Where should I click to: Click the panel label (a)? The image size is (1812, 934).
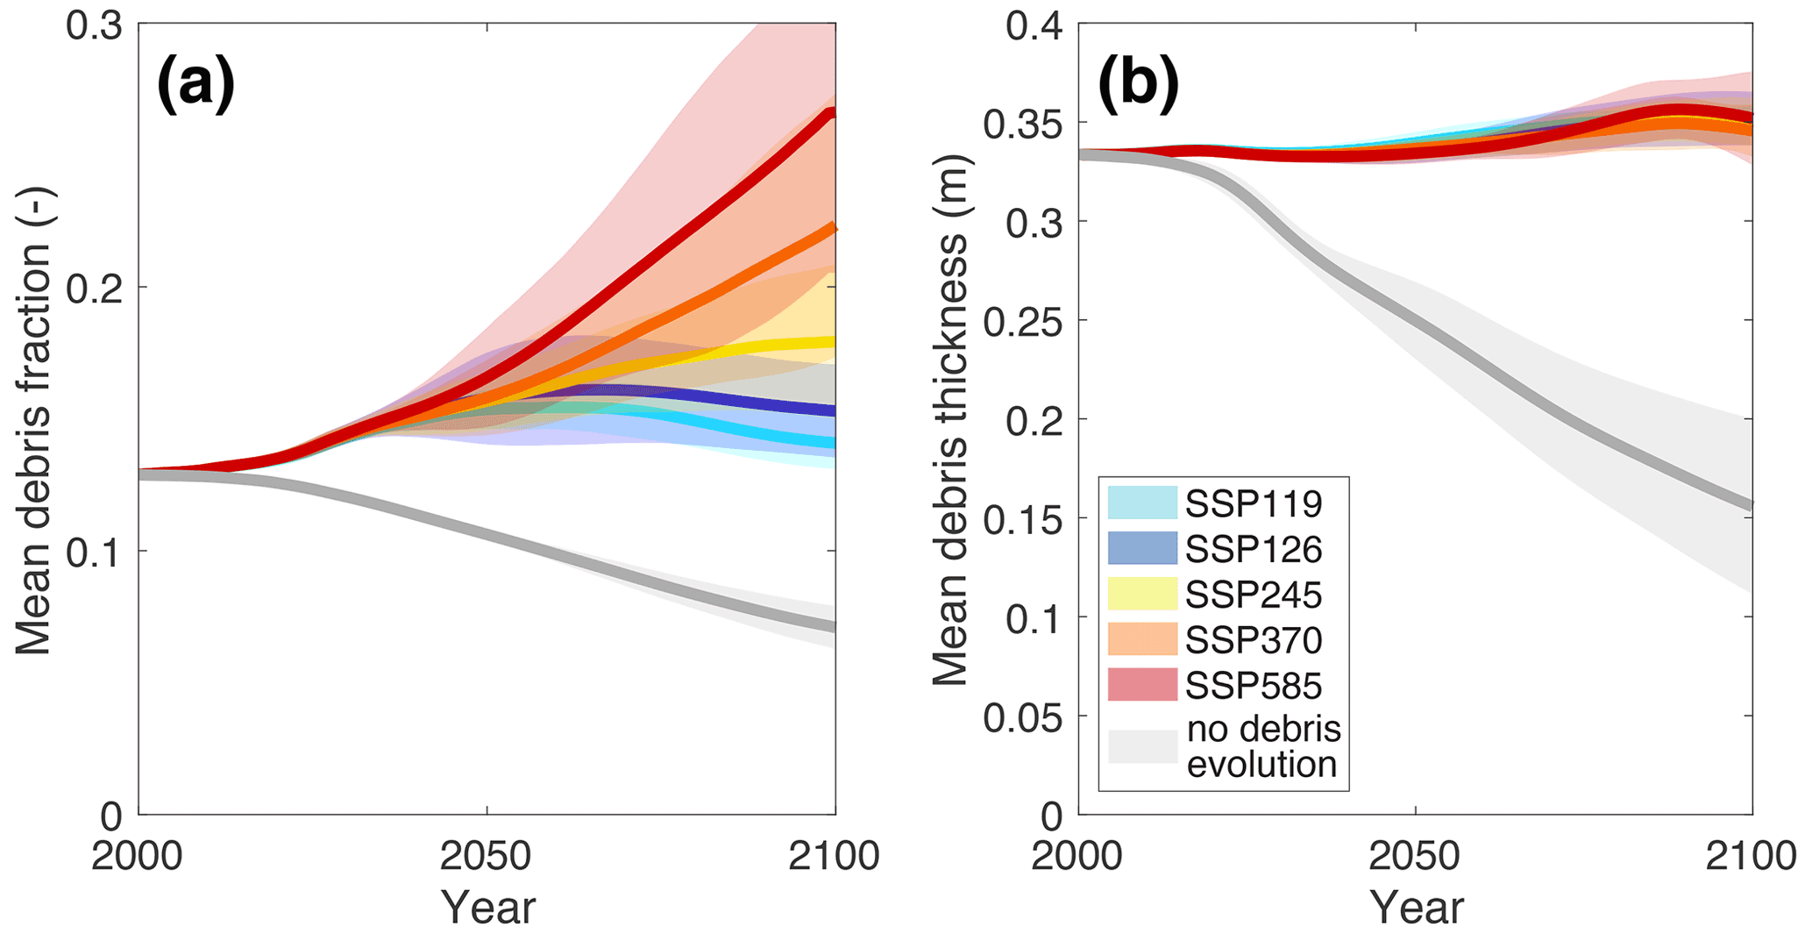point(195,85)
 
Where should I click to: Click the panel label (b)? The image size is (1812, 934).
point(1138,85)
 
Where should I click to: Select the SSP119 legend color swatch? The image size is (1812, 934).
point(1142,503)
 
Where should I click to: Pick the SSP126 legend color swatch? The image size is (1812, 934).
point(1142,548)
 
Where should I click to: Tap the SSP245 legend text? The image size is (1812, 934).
point(1254,595)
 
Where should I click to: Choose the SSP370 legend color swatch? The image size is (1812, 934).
point(1142,639)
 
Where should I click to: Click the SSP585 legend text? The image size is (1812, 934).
point(1254,686)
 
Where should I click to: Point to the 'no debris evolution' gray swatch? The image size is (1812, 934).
point(1142,746)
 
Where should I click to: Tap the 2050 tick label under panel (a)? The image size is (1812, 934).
point(487,856)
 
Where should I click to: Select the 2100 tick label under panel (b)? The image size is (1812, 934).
point(1751,856)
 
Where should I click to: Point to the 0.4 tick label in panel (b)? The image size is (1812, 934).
point(1034,26)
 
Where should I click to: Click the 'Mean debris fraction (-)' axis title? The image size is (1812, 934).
point(35,421)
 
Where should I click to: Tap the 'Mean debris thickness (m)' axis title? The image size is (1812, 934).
point(950,421)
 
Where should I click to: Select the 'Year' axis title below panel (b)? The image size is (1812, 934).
point(1417,907)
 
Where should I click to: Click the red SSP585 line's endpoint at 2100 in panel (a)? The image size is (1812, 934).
point(832,112)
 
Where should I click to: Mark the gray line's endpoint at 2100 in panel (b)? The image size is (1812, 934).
point(1750,506)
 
